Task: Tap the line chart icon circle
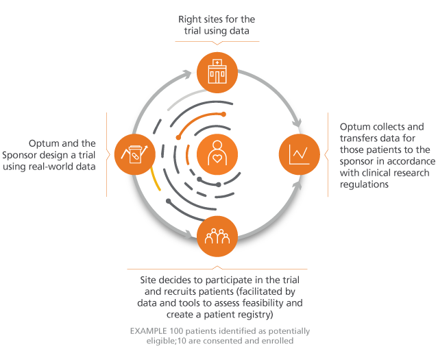coord(300,154)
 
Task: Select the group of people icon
coord(217,237)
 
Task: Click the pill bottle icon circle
coord(135,154)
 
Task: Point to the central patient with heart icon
coord(217,154)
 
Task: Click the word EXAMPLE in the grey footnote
coord(148,331)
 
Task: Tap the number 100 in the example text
coord(176,331)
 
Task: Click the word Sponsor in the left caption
coord(21,155)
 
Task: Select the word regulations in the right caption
coord(364,184)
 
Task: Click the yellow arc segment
coord(156,180)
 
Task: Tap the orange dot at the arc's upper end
coord(223,114)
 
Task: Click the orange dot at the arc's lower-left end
coord(178,137)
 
